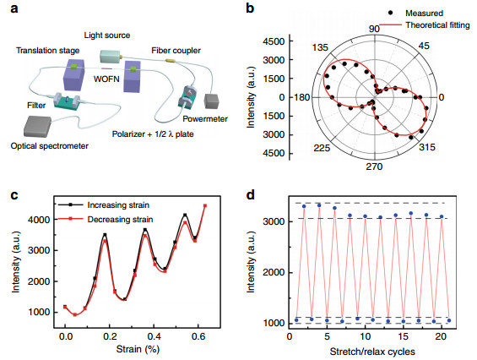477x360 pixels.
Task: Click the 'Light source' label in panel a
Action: pyautogui.click(x=107, y=35)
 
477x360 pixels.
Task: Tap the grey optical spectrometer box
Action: pyautogui.click(x=38, y=127)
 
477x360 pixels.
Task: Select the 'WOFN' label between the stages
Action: pyautogui.click(x=106, y=79)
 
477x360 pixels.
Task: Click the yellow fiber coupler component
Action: pyautogui.click(x=171, y=61)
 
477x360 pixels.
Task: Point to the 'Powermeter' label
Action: pyautogui.click(x=205, y=119)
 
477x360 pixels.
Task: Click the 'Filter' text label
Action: pyautogui.click(x=36, y=106)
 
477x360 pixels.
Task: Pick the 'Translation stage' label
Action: pyautogui.click(x=48, y=50)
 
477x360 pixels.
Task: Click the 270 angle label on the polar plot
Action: pyautogui.click(x=374, y=166)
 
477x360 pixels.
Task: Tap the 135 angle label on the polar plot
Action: pyautogui.click(x=320, y=47)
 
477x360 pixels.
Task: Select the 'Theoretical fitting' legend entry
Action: pyautogui.click(x=437, y=25)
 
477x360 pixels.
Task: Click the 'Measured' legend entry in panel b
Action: pyautogui.click(x=424, y=13)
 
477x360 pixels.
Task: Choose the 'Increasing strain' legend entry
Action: pyautogui.click(x=118, y=205)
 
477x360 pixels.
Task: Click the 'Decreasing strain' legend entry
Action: pyautogui.click(x=120, y=219)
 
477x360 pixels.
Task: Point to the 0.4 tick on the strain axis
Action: pyautogui.click(x=154, y=336)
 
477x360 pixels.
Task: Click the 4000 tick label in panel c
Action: pyautogui.click(x=39, y=220)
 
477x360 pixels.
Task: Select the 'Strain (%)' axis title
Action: pyautogui.click(x=138, y=349)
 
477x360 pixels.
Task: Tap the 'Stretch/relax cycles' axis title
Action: pyautogui.click(x=372, y=352)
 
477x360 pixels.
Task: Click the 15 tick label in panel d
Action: pyautogui.click(x=403, y=336)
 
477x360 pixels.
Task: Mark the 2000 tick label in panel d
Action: pyautogui.click(x=274, y=272)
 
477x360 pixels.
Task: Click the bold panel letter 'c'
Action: pyautogui.click(x=14, y=195)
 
